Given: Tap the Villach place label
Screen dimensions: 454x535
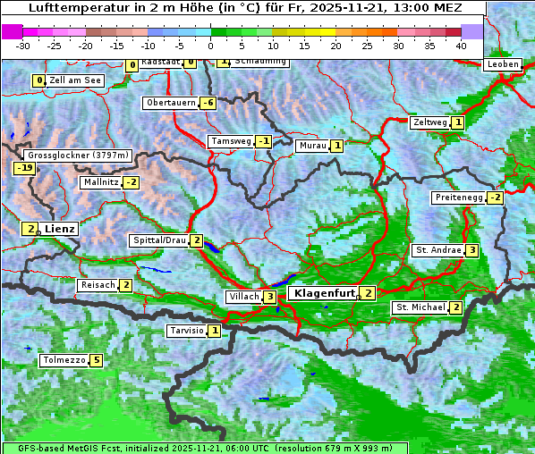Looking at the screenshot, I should coord(242,297).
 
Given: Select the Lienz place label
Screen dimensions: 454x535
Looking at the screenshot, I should coord(59,229).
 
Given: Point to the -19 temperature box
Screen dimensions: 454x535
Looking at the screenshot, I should coord(24,168).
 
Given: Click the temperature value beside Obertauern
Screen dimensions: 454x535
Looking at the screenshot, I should coord(208,103).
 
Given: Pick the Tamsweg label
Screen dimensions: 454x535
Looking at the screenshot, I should coord(230,141).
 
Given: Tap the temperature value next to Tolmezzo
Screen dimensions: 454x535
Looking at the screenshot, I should coord(97,361).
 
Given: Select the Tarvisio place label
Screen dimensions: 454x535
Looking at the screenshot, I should coord(186,331).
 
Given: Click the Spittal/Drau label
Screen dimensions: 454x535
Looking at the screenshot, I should coord(158,240).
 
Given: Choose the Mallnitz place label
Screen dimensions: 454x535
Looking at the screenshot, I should coord(99,182).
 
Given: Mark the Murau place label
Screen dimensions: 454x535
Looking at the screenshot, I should coord(312,146).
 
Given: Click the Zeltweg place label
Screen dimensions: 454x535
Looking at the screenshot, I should coord(429,122).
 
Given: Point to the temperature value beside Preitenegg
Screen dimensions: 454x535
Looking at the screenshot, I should coord(496,198).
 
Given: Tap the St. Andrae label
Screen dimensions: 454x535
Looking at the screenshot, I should coord(437,250).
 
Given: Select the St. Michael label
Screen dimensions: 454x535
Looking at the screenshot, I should coord(420,307).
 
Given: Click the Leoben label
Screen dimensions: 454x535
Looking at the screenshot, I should coord(502,64).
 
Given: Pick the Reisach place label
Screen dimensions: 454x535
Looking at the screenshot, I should coord(98,285).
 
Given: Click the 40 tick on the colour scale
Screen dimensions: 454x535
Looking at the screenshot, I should coord(461,45).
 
